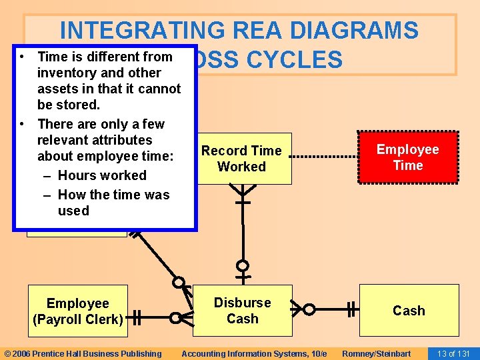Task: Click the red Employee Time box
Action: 408,157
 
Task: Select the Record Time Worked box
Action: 242,159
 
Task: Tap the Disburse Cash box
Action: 242,311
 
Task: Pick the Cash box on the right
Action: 409,311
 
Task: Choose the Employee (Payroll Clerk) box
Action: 77,311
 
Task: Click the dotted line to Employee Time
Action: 325,157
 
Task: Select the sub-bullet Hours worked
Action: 102,175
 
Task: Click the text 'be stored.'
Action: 69,105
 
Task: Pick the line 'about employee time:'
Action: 105,156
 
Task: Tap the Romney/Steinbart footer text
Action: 376,353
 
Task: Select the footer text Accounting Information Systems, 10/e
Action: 254,353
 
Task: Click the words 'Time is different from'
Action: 105,57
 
